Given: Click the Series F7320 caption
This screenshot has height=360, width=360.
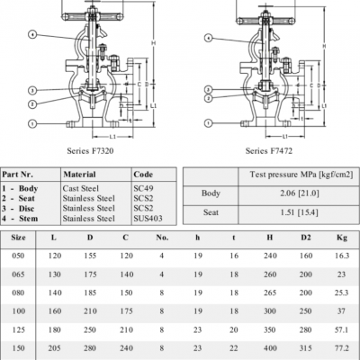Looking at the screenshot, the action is tap(90, 150).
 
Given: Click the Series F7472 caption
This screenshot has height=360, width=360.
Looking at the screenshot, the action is tap(269, 150).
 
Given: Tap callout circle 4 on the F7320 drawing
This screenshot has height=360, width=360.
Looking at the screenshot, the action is tap(32, 34).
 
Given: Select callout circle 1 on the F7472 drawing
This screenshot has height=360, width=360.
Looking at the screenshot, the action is tap(209, 122).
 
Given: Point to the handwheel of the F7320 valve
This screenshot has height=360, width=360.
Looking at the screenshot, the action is tap(91, 17).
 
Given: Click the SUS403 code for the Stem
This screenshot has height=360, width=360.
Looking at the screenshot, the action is tap(148, 218).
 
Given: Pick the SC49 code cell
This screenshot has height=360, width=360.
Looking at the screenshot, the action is tap(143, 188).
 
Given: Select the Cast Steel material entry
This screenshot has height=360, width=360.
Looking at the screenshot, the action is tap(80, 188).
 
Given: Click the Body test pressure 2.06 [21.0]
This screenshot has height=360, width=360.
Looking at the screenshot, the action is tap(299, 193).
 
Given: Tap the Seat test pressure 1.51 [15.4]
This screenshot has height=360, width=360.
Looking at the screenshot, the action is tap(299, 212).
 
